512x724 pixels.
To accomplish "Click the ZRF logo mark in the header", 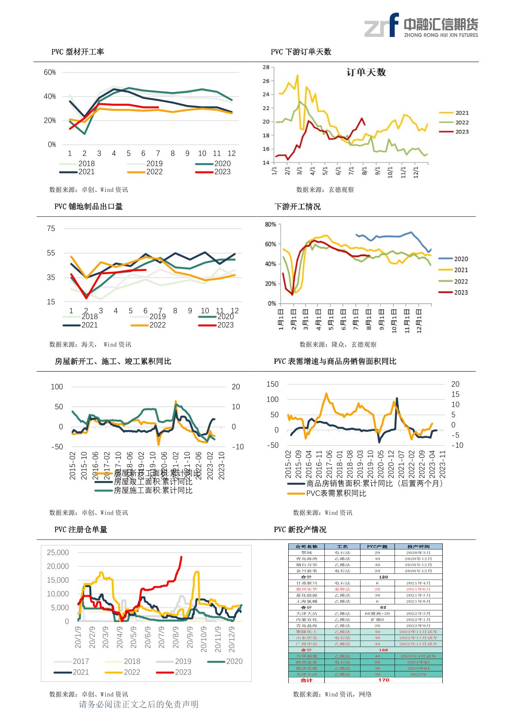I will click(x=382, y=25).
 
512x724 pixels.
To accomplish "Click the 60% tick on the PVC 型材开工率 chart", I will click(x=50, y=72).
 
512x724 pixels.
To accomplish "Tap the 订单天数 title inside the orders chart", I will click(x=366, y=72).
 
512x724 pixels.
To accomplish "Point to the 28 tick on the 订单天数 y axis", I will click(x=266, y=67).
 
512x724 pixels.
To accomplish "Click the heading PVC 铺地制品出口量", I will click(x=88, y=206).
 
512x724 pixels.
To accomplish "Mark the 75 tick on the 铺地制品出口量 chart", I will click(x=51, y=228).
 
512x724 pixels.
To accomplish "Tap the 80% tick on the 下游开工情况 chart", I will click(x=270, y=225).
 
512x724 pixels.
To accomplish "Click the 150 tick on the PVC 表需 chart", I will click(x=272, y=384).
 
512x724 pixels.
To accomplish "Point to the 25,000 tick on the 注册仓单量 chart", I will click(x=58, y=552).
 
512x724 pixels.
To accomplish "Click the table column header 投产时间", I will click(x=418, y=546).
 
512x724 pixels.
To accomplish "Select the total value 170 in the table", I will click(x=383, y=680).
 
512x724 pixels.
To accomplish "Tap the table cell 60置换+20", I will click(x=377, y=613).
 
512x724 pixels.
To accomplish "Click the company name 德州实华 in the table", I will click(x=306, y=589).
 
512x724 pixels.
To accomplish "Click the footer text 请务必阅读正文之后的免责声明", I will click(x=139, y=704).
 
